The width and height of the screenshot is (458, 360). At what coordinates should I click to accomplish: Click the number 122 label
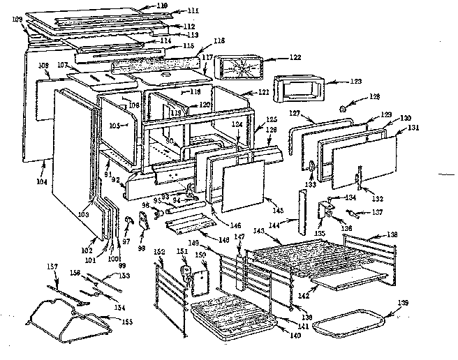point(295,57)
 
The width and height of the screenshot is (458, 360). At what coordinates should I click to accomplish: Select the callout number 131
point(413,127)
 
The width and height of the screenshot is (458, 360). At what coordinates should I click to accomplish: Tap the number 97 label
point(126,241)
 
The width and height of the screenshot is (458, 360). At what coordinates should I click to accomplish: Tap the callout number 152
point(159,251)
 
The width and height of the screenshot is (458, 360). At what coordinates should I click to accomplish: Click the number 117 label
point(209,59)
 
